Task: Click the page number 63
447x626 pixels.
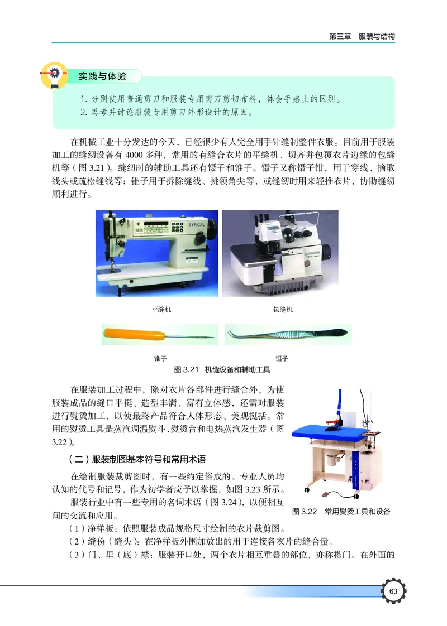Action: click(x=393, y=591)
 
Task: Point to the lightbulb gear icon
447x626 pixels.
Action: click(x=52, y=76)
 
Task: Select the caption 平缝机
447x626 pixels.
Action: click(x=161, y=309)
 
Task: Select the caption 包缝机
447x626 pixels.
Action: click(x=283, y=309)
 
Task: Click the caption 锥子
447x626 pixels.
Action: click(x=160, y=358)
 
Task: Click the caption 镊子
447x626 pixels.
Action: click(x=282, y=358)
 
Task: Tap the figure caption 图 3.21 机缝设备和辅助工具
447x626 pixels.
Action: click(x=222, y=369)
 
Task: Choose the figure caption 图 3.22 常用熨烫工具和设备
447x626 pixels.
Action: click(x=341, y=512)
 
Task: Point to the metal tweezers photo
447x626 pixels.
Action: click(x=285, y=335)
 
